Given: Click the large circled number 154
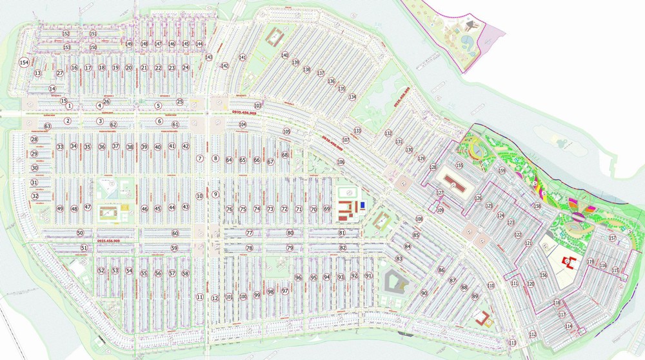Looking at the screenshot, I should (x=24, y=62).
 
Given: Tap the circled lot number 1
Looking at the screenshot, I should (x=69, y=106).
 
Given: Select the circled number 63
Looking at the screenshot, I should (x=47, y=126).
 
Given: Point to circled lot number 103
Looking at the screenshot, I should (x=258, y=105).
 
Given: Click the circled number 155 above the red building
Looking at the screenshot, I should (x=459, y=165).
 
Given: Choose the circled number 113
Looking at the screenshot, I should (x=513, y=343).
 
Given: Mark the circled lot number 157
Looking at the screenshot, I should (x=613, y=239).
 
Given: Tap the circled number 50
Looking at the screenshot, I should (x=80, y=233).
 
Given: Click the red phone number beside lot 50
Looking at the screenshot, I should (x=108, y=241).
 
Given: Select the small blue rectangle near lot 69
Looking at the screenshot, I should (x=363, y=206).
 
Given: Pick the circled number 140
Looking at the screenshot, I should (x=284, y=55).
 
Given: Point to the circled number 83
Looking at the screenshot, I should (x=399, y=259).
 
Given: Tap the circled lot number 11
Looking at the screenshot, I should (x=200, y=297).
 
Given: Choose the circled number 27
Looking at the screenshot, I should (x=60, y=73).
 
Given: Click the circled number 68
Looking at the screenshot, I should (x=285, y=155).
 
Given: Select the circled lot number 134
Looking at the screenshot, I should (x=352, y=97).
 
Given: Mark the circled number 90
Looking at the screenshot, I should (x=424, y=294).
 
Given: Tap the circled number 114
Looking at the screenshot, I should (x=568, y=326).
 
